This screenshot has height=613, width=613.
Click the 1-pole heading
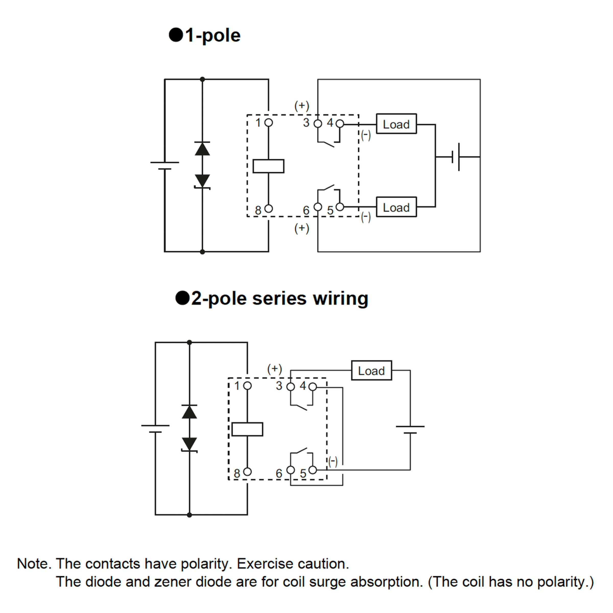pos(205,35)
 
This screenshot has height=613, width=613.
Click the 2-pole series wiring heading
pos(272,298)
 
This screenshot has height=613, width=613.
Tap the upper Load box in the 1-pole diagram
pos(396,124)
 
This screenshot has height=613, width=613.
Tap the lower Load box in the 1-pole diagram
pos(396,207)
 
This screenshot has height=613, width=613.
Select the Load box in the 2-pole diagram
pos(372,370)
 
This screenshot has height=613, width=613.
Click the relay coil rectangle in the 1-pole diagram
pos(268,166)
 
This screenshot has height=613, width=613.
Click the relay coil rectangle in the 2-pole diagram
pos(247,429)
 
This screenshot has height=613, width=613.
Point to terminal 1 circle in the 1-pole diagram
pos(268,123)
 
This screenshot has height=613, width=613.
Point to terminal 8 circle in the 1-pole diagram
pos(268,208)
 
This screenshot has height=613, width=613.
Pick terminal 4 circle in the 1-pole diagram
pos(339,123)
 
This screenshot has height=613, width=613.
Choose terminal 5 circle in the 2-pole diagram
pos(313,470)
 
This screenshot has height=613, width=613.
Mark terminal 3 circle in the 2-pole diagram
pos(290,386)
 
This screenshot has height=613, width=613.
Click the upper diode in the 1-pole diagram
pos(202,148)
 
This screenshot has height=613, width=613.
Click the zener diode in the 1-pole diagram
pos(202,182)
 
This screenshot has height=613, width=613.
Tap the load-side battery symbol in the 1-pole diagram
pos(456,157)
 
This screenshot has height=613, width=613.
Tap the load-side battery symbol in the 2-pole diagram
pos(410,430)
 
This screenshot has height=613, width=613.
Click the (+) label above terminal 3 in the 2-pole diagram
pos(275,369)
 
